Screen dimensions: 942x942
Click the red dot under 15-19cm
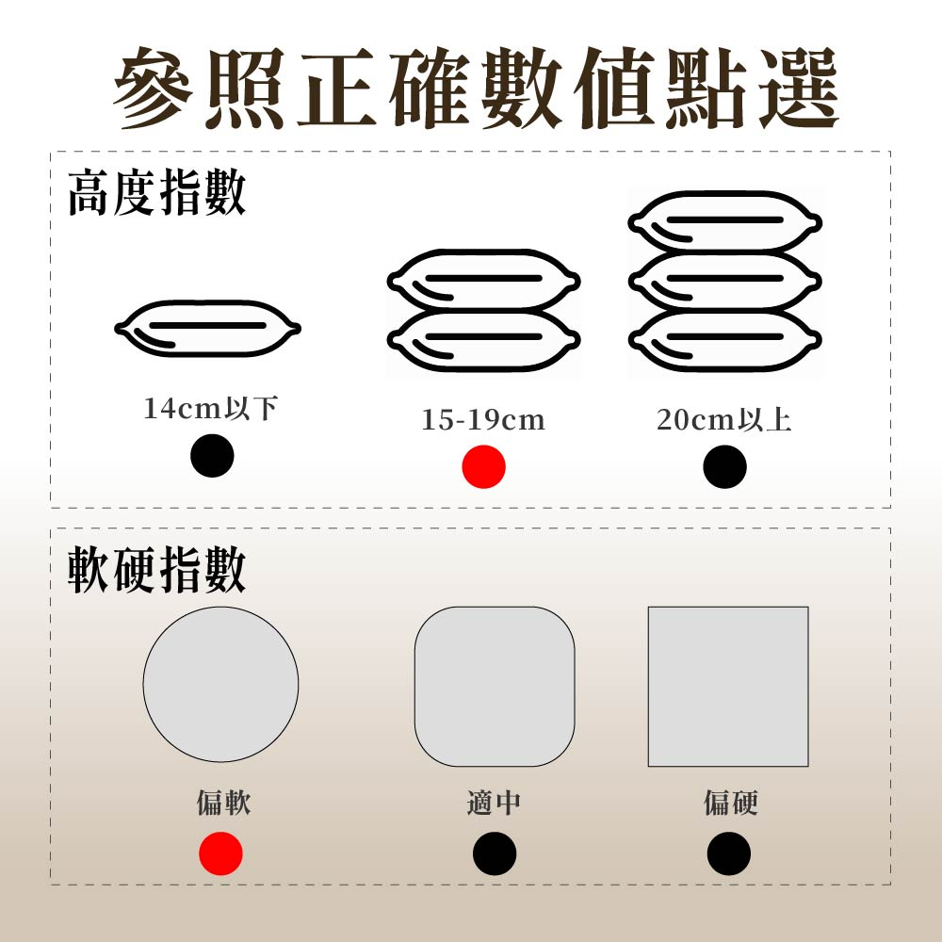(x=483, y=467)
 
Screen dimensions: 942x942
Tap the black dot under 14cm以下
(x=212, y=455)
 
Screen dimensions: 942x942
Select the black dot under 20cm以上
(x=724, y=467)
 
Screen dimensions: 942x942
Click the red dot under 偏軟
(x=220, y=853)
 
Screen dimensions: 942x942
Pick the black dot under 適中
(x=495, y=853)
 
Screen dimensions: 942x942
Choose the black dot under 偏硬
(x=729, y=853)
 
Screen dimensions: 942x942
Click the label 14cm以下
(x=210, y=408)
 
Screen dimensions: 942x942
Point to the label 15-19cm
(x=483, y=419)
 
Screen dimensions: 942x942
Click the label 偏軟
(x=223, y=802)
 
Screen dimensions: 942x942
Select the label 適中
(x=494, y=802)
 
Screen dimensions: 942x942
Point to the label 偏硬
(x=731, y=802)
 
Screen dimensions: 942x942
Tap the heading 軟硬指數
(x=156, y=569)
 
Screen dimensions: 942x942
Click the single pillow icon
(x=207, y=328)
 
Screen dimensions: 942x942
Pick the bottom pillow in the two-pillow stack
(x=483, y=340)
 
